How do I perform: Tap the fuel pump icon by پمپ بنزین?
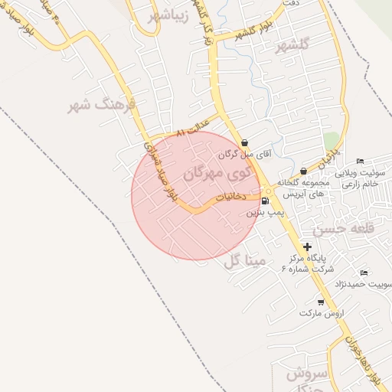265,202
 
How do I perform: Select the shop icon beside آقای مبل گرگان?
244,142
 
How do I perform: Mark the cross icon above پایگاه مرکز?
307,247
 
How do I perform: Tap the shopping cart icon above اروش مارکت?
321,302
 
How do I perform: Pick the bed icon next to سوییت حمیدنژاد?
364,273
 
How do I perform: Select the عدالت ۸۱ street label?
192,133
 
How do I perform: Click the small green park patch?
331,141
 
